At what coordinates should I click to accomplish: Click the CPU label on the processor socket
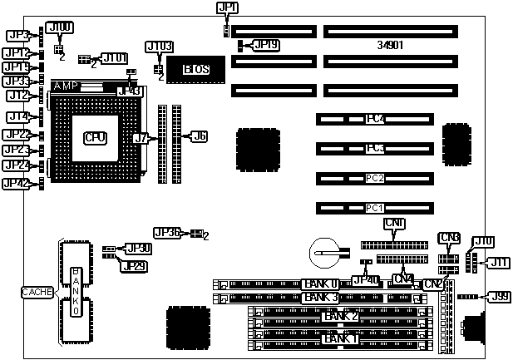94,136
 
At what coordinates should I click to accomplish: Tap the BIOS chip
195,69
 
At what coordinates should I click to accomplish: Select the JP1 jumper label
227,9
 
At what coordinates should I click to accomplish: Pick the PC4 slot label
375,119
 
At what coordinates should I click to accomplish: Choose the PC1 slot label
375,208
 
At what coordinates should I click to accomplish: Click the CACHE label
37,292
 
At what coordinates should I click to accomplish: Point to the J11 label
498,263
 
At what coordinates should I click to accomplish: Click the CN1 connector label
394,224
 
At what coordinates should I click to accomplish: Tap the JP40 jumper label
366,281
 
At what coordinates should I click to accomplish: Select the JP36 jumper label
167,234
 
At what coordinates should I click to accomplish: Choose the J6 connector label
200,135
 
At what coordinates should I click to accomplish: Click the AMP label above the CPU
66,86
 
